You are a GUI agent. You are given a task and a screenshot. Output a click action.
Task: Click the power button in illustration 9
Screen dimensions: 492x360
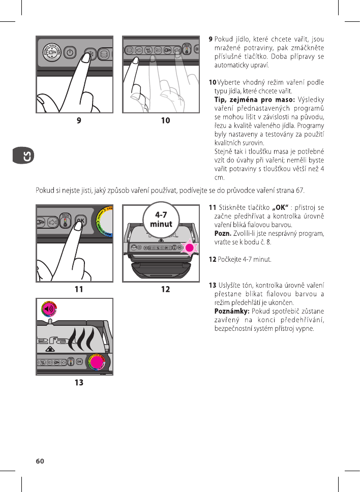tap(70, 53)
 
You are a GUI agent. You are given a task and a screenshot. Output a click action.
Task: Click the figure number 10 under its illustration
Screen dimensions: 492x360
tap(165, 120)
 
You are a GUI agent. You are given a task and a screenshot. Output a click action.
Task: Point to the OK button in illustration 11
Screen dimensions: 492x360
tap(79, 220)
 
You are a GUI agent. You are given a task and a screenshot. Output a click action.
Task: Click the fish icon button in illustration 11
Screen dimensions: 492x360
tap(53, 222)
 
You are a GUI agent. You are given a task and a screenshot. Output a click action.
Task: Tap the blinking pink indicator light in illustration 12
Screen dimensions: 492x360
tap(190, 248)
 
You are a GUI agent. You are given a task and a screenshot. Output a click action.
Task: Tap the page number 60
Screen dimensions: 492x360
tap(40, 461)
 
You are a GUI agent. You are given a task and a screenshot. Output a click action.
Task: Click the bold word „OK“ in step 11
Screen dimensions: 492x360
tap(281, 207)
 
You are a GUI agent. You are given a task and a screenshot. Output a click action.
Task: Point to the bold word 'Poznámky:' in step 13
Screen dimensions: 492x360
tap(232, 311)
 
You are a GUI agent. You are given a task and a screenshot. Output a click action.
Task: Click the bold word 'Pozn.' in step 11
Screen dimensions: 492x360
tap(223, 233)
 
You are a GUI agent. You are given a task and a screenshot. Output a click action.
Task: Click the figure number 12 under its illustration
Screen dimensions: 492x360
tap(165, 290)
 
